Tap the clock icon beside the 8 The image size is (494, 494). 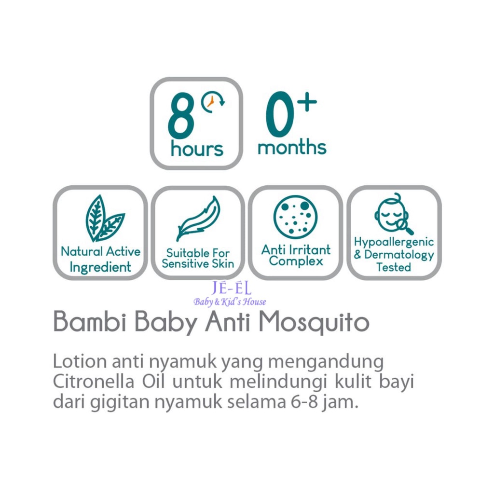coord(213,102)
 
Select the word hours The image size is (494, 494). coord(197,149)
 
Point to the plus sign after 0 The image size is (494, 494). coord(306,102)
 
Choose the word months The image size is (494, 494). coord(292,147)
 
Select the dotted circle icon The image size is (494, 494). coord(296,217)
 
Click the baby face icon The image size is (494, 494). coord(394,214)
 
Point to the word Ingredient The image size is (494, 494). coord(100,267)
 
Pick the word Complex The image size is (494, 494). coord(296,261)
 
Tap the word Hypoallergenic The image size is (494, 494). coord(394,242)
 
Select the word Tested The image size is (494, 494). coord(394,267)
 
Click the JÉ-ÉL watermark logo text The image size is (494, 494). coord(232,288)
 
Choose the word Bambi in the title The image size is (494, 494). coord(90,321)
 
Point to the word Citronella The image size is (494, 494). coord(94,382)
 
